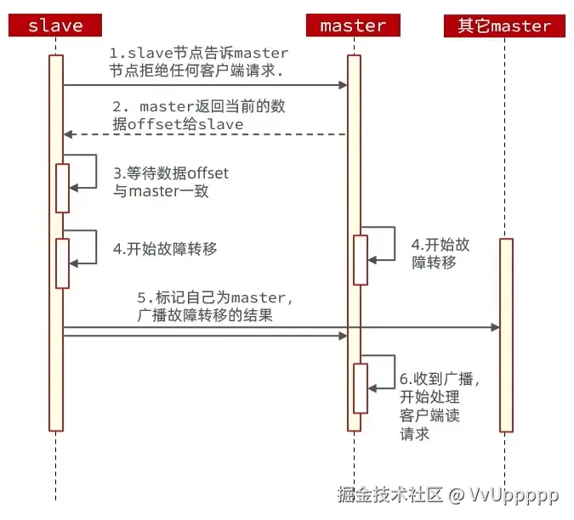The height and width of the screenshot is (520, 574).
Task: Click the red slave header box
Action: pyautogui.click(x=55, y=25)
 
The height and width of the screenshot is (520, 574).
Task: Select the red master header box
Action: pyautogui.click(x=353, y=25)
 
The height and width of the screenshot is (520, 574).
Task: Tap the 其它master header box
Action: pyautogui.click(x=504, y=25)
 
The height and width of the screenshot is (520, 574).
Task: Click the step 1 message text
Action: pyautogui.click(x=197, y=63)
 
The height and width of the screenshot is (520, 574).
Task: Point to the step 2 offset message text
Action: pyautogui.click(x=202, y=116)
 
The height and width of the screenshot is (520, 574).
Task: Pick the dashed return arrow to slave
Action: pyautogui.click(x=204, y=134)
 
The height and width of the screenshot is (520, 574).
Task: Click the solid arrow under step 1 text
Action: pyautogui.click(x=204, y=85)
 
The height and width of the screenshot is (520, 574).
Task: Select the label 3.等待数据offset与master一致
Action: pyautogui.click(x=170, y=181)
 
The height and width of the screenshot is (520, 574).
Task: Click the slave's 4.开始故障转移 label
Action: pyautogui.click(x=165, y=249)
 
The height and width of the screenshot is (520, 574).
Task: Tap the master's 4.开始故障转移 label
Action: pyautogui.click(x=440, y=253)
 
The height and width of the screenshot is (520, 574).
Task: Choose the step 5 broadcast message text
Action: pyautogui.click(x=214, y=306)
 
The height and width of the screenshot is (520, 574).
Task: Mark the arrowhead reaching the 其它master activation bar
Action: pyautogui.click(x=495, y=327)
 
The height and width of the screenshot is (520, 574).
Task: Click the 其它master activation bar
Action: pyautogui.click(x=506, y=336)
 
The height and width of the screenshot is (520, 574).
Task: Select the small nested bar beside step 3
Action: pyautogui.click(x=62, y=188)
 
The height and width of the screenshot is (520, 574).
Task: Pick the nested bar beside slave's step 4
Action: pyautogui.click(x=62, y=263)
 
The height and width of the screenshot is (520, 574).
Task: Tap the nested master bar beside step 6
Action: pyautogui.click(x=361, y=388)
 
